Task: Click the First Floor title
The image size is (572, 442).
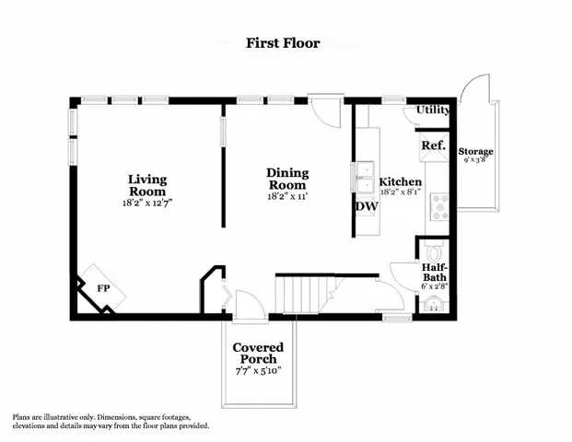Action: pos(283,42)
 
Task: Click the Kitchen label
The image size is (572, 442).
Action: pos(401,182)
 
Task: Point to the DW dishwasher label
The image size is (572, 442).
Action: pos(366,206)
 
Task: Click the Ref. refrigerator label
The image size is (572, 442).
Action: pos(433,146)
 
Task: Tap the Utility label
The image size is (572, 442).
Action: pos(432,110)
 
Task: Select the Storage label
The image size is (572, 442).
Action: pos(476,151)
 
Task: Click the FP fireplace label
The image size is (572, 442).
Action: pos(104,288)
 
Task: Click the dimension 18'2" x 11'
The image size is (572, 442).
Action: pos(287,196)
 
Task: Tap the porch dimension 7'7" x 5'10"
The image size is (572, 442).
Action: pos(257,371)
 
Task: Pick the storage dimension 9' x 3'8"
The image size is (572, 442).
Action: pos(476,161)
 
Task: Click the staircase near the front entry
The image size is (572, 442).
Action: pos(305,294)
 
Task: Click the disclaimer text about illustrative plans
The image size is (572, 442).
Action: pos(111,421)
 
